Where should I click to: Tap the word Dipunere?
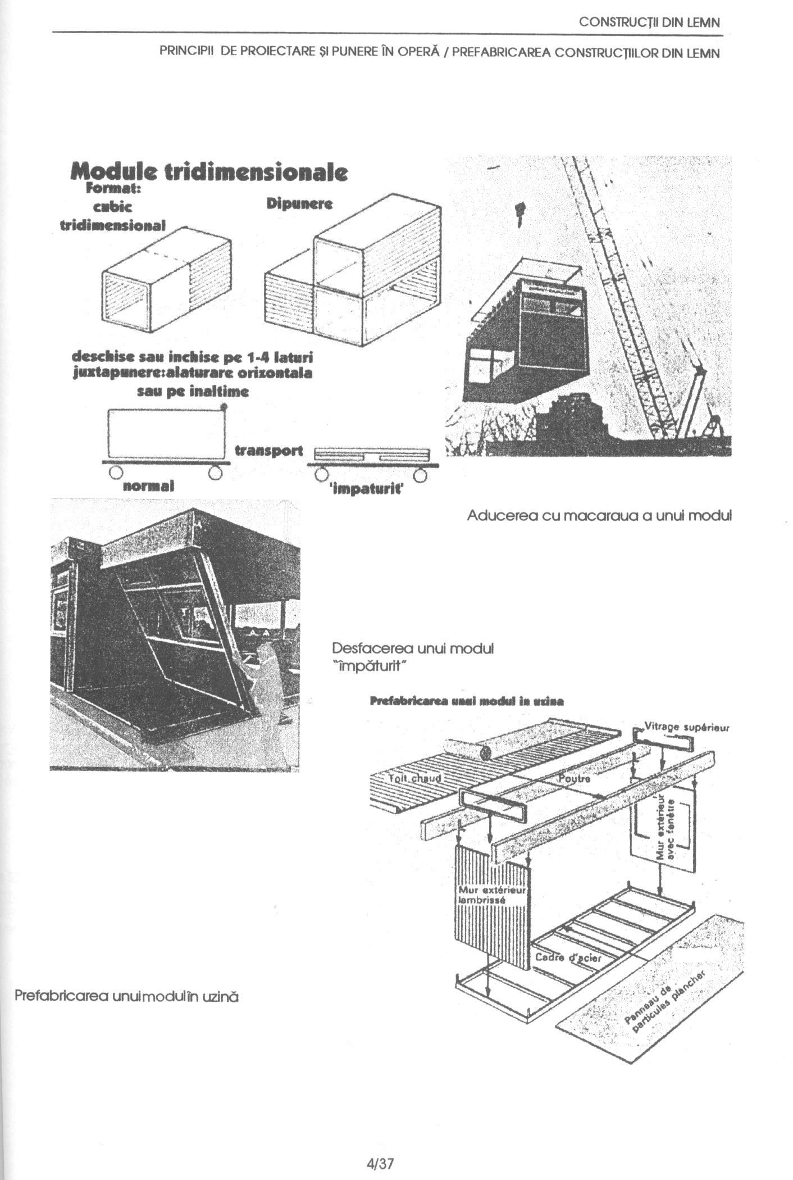299,204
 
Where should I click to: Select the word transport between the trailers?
268,451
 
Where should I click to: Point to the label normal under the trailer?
148,485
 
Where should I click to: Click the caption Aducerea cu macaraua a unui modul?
599,515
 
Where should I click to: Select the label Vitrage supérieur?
686,727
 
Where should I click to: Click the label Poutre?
575,779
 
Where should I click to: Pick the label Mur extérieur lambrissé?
491,895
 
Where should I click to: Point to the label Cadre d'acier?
568,957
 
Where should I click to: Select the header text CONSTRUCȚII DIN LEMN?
649,22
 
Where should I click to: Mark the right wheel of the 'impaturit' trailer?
420,476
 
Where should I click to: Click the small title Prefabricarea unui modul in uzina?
467,701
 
